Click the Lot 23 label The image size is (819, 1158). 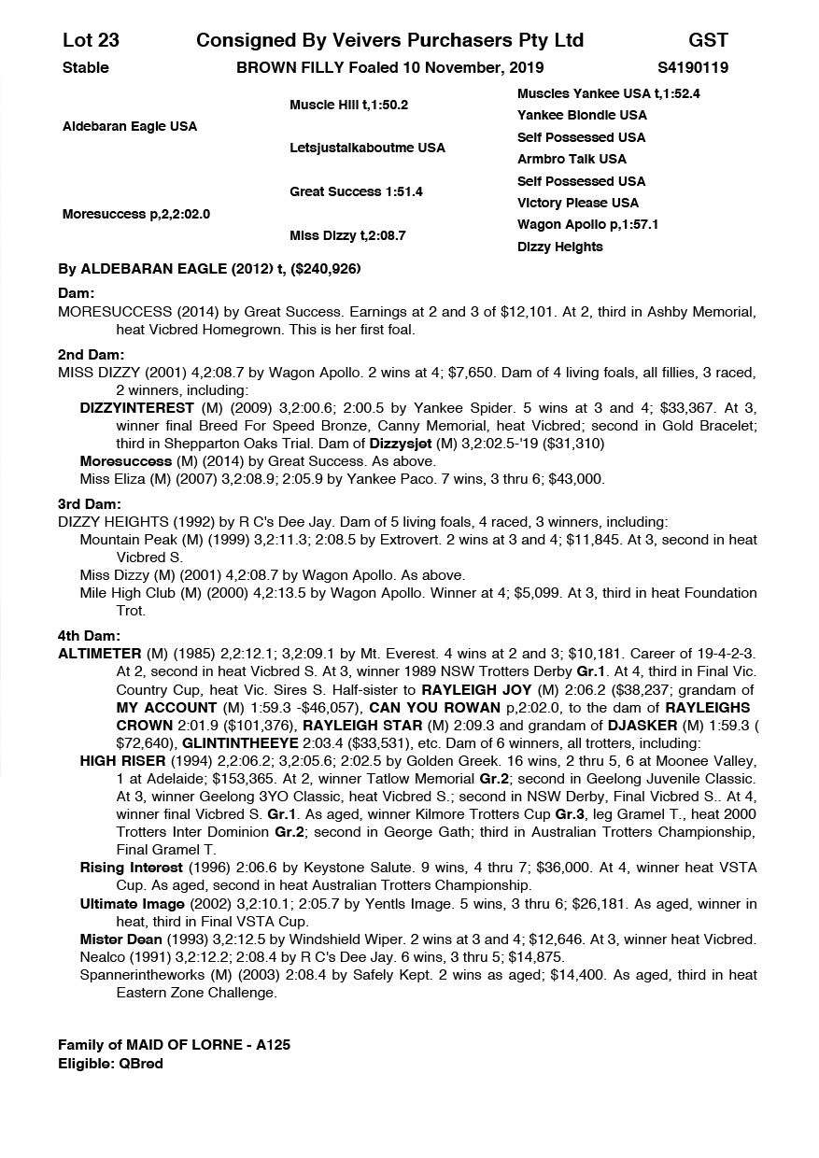[91, 40]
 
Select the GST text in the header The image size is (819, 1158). [708, 40]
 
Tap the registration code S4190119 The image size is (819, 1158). [693, 67]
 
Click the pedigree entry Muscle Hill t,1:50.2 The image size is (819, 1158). [349, 106]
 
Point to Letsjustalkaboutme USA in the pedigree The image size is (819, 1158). [367, 148]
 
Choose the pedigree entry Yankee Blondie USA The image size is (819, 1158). [582, 115]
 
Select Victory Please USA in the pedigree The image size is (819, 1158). [578, 203]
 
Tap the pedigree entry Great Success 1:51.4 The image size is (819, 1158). [356, 191]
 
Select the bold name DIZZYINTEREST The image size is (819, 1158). [137, 408]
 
